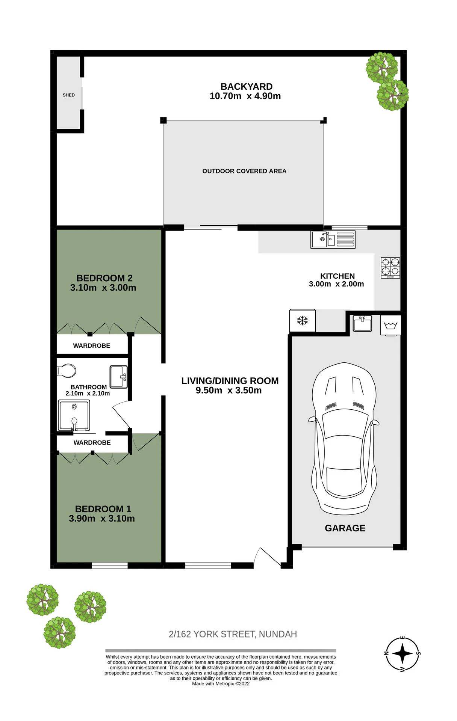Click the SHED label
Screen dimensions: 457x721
(69, 95)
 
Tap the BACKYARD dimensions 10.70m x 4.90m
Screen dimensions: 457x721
(245, 96)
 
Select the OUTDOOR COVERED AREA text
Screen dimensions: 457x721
(244, 171)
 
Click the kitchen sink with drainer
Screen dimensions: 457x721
(333, 239)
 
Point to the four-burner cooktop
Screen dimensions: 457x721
(390, 268)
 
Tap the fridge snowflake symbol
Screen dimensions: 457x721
(303, 321)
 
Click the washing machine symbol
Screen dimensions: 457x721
(391, 325)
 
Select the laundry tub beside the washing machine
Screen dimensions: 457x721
(362, 323)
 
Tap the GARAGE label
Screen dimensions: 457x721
(345, 528)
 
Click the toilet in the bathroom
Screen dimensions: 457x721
(67, 371)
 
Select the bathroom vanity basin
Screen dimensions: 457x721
(119, 377)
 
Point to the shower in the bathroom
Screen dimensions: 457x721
(74, 415)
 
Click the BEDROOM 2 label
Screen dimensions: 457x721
(104, 278)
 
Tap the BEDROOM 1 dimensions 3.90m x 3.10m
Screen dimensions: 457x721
(102, 519)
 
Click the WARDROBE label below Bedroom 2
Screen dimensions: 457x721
(92, 346)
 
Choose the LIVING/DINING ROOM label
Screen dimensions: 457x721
(230, 381)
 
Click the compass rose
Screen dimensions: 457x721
(403, 654)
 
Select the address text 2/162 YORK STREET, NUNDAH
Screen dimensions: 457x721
(233, 634)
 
